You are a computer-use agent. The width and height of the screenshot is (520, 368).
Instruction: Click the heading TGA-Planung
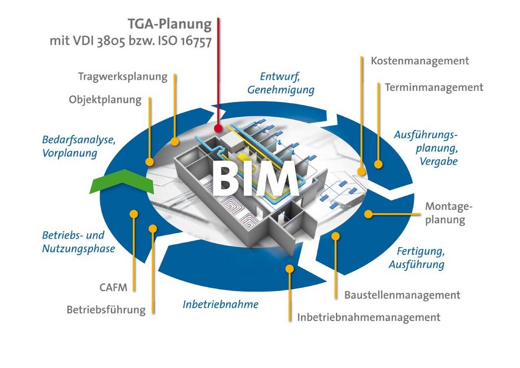click(x=170, y=24)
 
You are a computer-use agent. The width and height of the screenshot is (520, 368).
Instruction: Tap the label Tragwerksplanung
click(x=123, y=77)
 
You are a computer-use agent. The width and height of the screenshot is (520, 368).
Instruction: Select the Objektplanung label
click(x=105, y=99)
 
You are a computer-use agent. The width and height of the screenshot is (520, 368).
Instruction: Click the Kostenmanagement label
click(x=420, y=61)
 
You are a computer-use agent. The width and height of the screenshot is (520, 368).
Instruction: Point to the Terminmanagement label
click(x=434, y=87)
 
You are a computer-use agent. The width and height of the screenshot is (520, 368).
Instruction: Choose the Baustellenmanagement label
click(x=402, y=295)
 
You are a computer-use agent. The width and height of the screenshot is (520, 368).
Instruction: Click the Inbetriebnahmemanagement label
click(x=369, y=317)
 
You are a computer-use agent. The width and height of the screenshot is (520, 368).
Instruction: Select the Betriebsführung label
click(x=106, y=310)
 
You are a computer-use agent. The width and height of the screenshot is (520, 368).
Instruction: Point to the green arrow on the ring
click(x=121, y=182)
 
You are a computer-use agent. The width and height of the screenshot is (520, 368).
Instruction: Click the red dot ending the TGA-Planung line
click(x=218, y=128)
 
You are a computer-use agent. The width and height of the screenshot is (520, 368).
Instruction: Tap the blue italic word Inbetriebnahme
click(x=220, y=304)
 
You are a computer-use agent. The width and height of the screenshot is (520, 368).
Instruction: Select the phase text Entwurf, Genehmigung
click(x=281, y=83)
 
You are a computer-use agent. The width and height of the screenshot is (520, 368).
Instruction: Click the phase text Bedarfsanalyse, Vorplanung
click(x=79, y=146)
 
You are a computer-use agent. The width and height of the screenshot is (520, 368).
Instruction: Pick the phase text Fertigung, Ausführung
click(x=417, y=258)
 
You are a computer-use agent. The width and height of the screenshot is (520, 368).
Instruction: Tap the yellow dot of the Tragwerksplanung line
click(x=176, y=141)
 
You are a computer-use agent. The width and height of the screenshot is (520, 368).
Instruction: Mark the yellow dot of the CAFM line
click(x=134, y=213)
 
